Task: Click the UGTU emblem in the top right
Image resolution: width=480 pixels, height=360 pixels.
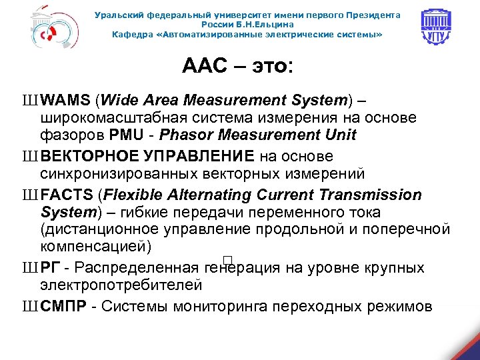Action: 439,28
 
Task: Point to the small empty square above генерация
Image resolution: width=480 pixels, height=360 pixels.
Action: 227,259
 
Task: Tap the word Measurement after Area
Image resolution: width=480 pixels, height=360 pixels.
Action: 235,101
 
